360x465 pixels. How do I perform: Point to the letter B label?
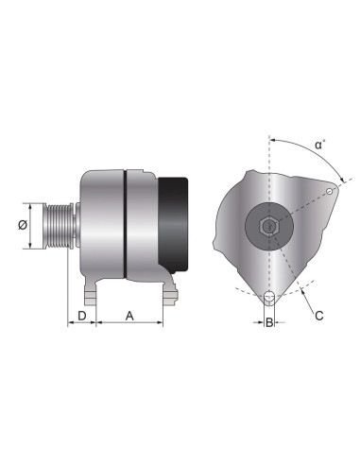[269, 323]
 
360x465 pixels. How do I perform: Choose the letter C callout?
[319, 316]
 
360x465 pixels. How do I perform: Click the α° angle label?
[321, 146]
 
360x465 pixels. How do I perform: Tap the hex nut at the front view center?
[268, 227]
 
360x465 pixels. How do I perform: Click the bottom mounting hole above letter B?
[269, 300]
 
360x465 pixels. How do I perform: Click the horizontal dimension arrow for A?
[129, 323]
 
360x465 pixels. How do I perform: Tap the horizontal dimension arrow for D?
[82, 323]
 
